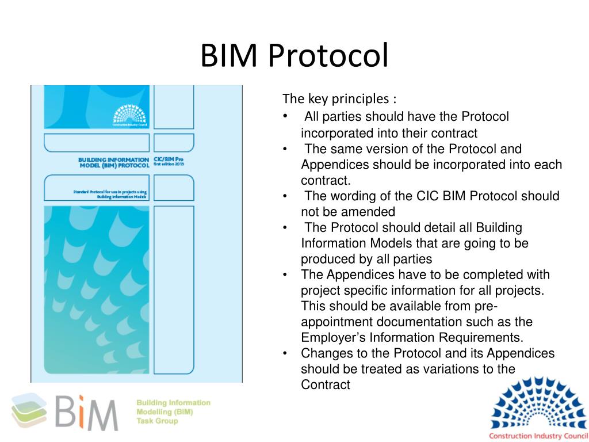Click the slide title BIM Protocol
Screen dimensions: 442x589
coord(294,56)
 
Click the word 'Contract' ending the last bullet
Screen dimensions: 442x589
coord(325,385)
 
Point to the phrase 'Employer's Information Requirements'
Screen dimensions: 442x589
coord(412,337)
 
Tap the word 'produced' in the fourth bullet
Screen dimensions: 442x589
coord(326,259)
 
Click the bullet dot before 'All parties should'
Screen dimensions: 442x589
coord(286,117)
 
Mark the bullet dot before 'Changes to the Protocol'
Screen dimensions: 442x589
coord(286,353)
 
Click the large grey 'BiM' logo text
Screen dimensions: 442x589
coord(86,412)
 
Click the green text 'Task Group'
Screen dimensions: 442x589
coord(157,421)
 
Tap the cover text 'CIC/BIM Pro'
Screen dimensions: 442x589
coord(168,158)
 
